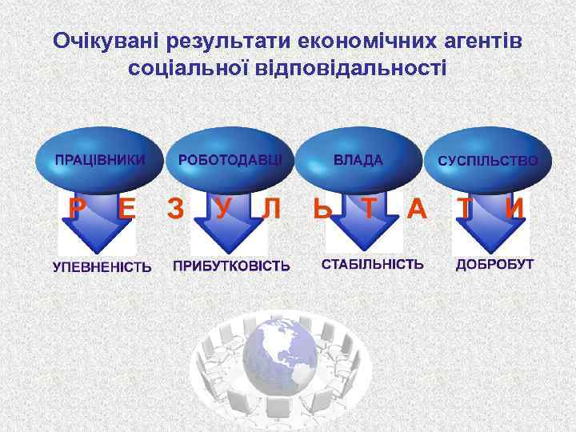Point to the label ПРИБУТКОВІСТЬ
231,266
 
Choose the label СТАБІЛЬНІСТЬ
373,264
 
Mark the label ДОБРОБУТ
494,264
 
